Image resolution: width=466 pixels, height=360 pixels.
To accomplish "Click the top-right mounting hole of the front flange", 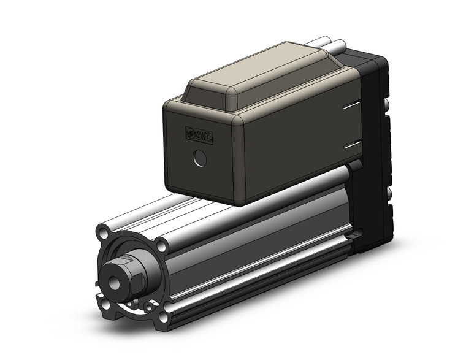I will click(x=161, y=246).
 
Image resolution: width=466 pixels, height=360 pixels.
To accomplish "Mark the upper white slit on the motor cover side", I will click(x=352, y=108).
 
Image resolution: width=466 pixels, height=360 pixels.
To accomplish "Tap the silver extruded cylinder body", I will click(x=258, y=245).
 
